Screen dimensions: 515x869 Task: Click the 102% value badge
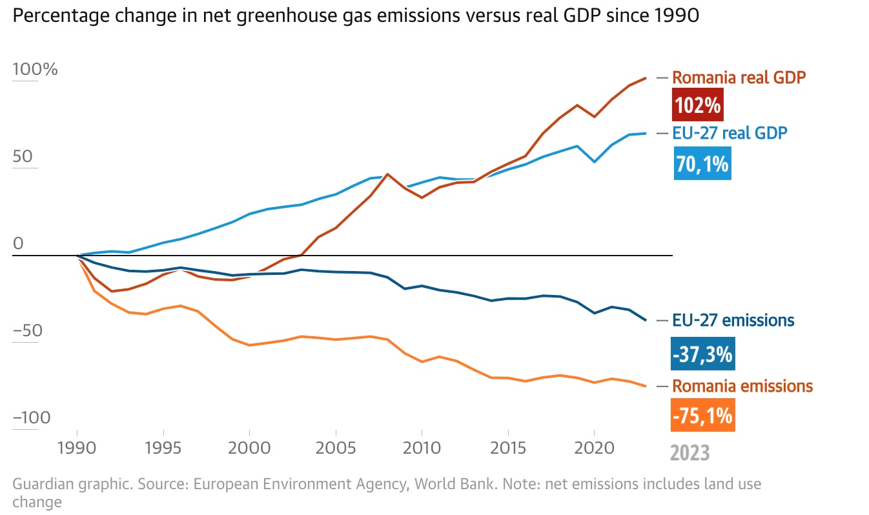click(697, 105)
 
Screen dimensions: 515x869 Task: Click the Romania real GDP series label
click(739, 77)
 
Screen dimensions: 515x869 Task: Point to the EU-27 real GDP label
click(730, 133)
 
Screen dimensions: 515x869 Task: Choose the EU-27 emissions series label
click(733, 320)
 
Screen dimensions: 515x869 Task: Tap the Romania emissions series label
click(742, 386)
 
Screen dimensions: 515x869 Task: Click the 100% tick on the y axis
click(35, 69)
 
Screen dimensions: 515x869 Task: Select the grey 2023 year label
click(690, 452)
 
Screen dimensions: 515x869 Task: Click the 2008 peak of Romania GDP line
click(387, 174)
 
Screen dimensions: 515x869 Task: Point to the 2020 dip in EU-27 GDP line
click(594, 161)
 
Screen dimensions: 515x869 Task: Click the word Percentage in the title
click(56, 16)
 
